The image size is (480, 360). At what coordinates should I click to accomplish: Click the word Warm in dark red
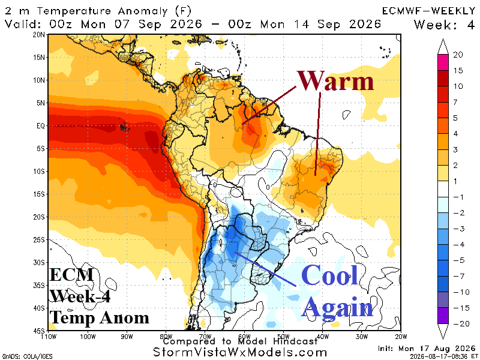[335, 80]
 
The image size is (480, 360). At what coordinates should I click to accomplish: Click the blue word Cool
[329, 275]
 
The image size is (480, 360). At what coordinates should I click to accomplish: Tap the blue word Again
[338, 308]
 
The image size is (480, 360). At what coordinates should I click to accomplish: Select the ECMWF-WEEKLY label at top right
[428, 11]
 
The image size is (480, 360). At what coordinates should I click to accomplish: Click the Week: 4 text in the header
[444, 25]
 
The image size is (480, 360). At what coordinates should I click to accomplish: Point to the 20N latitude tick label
[39, 35]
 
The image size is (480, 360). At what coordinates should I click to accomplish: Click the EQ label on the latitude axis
[41, 126]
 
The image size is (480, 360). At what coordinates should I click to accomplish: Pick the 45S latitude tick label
[39, 331]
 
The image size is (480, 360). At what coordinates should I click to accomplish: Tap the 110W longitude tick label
[49, 337]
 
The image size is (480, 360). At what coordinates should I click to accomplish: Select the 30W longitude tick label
[362, 337]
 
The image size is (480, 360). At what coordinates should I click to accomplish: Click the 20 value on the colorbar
[458, 55]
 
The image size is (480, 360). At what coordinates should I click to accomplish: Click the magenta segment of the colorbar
[443, 62]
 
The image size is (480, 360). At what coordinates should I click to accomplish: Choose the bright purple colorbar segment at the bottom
[443, 316]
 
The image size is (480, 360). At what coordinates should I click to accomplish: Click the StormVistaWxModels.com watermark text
[239, 352]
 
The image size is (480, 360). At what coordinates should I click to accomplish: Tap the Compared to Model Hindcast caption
[241, 341]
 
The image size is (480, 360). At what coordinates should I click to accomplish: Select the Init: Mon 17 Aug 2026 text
[427, 349]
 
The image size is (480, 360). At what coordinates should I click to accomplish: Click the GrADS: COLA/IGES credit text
[28, 356]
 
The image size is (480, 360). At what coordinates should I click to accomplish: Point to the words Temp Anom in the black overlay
[99, 317]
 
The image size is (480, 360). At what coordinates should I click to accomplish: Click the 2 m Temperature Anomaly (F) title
[98, 11]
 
